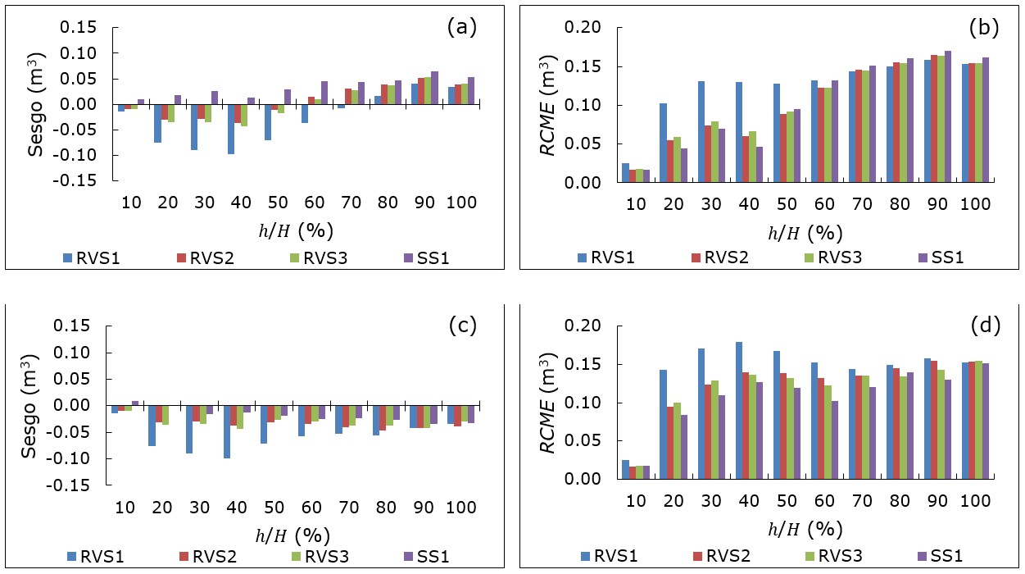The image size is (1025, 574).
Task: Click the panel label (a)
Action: (461, 27)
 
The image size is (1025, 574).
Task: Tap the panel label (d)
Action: (984, 326)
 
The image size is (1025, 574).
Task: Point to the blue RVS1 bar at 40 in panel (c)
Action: (230, 432)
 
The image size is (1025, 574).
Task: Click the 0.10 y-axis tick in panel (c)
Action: (84, 353)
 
